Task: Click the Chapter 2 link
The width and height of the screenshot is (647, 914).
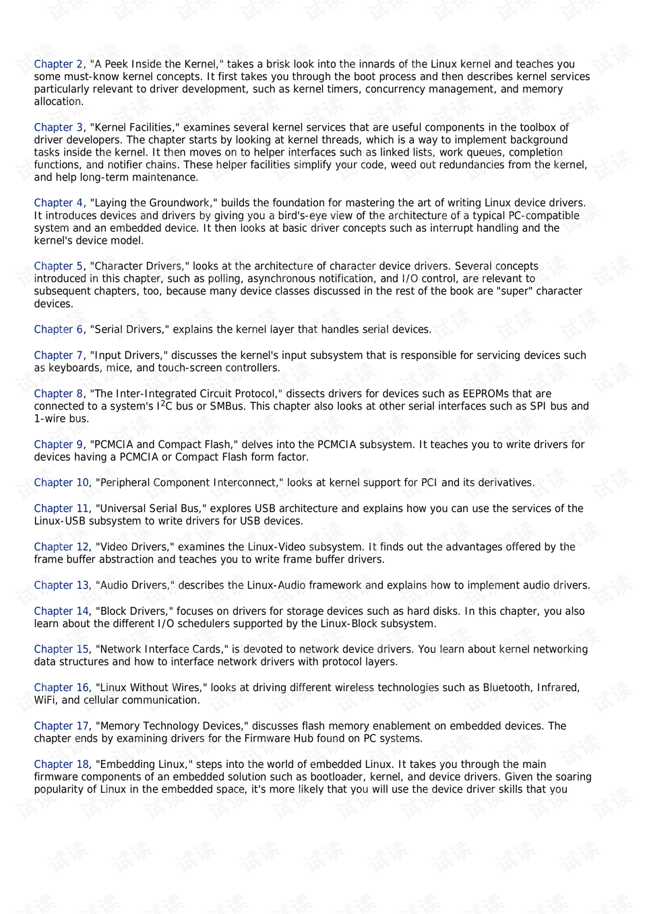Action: point(59,64)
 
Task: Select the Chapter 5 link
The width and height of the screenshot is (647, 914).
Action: point(59,266)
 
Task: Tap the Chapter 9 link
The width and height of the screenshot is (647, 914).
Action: point(59,445)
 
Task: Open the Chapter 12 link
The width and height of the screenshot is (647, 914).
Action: point(61,547)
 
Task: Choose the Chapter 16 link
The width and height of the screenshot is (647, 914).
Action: point(61,688)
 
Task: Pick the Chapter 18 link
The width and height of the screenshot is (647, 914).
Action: point(61,764)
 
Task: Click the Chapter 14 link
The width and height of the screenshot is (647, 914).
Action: point(61,612)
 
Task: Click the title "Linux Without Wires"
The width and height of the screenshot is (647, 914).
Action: point(152,688)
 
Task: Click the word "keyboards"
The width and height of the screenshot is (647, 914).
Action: point(70,368)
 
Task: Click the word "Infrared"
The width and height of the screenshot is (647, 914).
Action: point(558,688)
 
